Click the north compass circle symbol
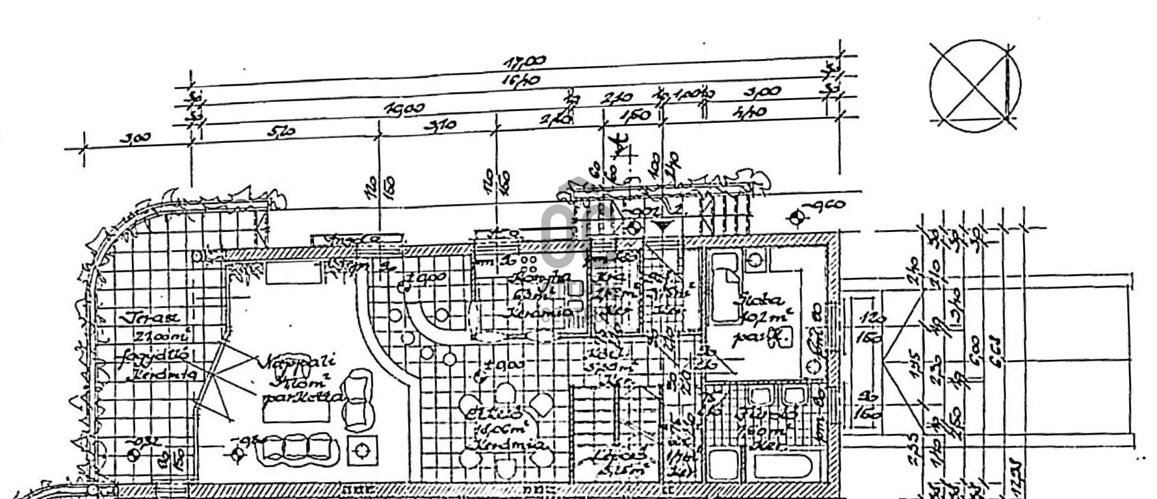pyautogui.click(x=975, y=84)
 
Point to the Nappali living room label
pyautogui.click(x=299, y=363)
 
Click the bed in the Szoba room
pyautogui.click(x=724, y=287)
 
